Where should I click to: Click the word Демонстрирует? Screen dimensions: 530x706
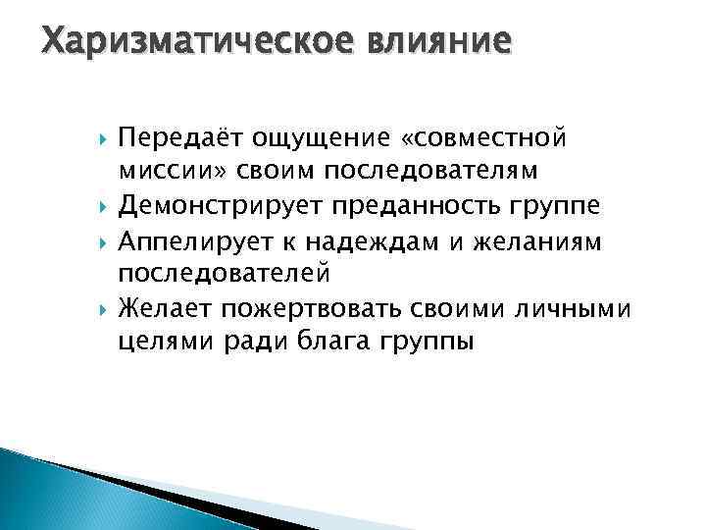(x=225, y=207)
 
